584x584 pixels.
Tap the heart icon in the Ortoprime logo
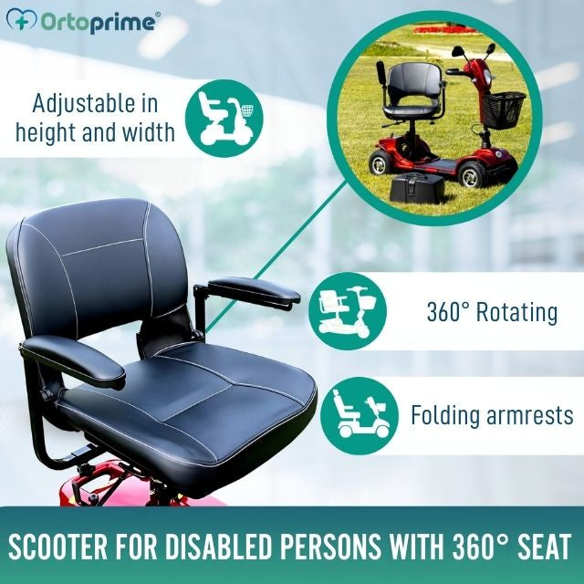[x=27, y=22]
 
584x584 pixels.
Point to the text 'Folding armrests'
[x=492, y=415]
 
